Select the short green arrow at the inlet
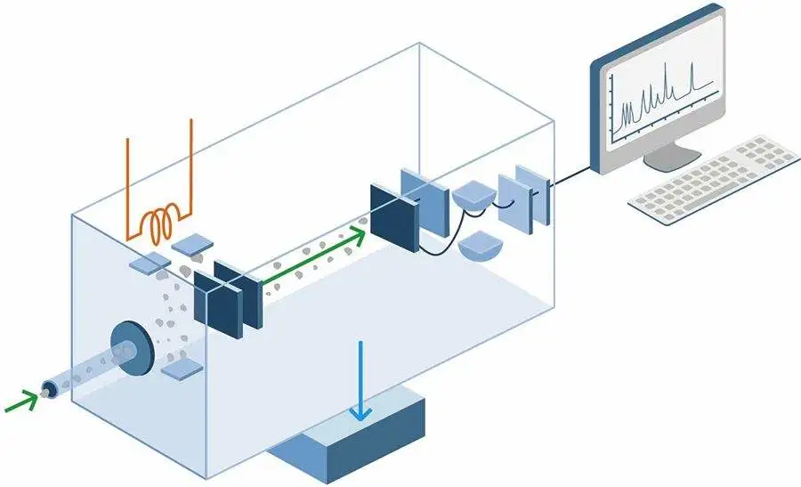21,402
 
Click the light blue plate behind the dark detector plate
425,202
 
